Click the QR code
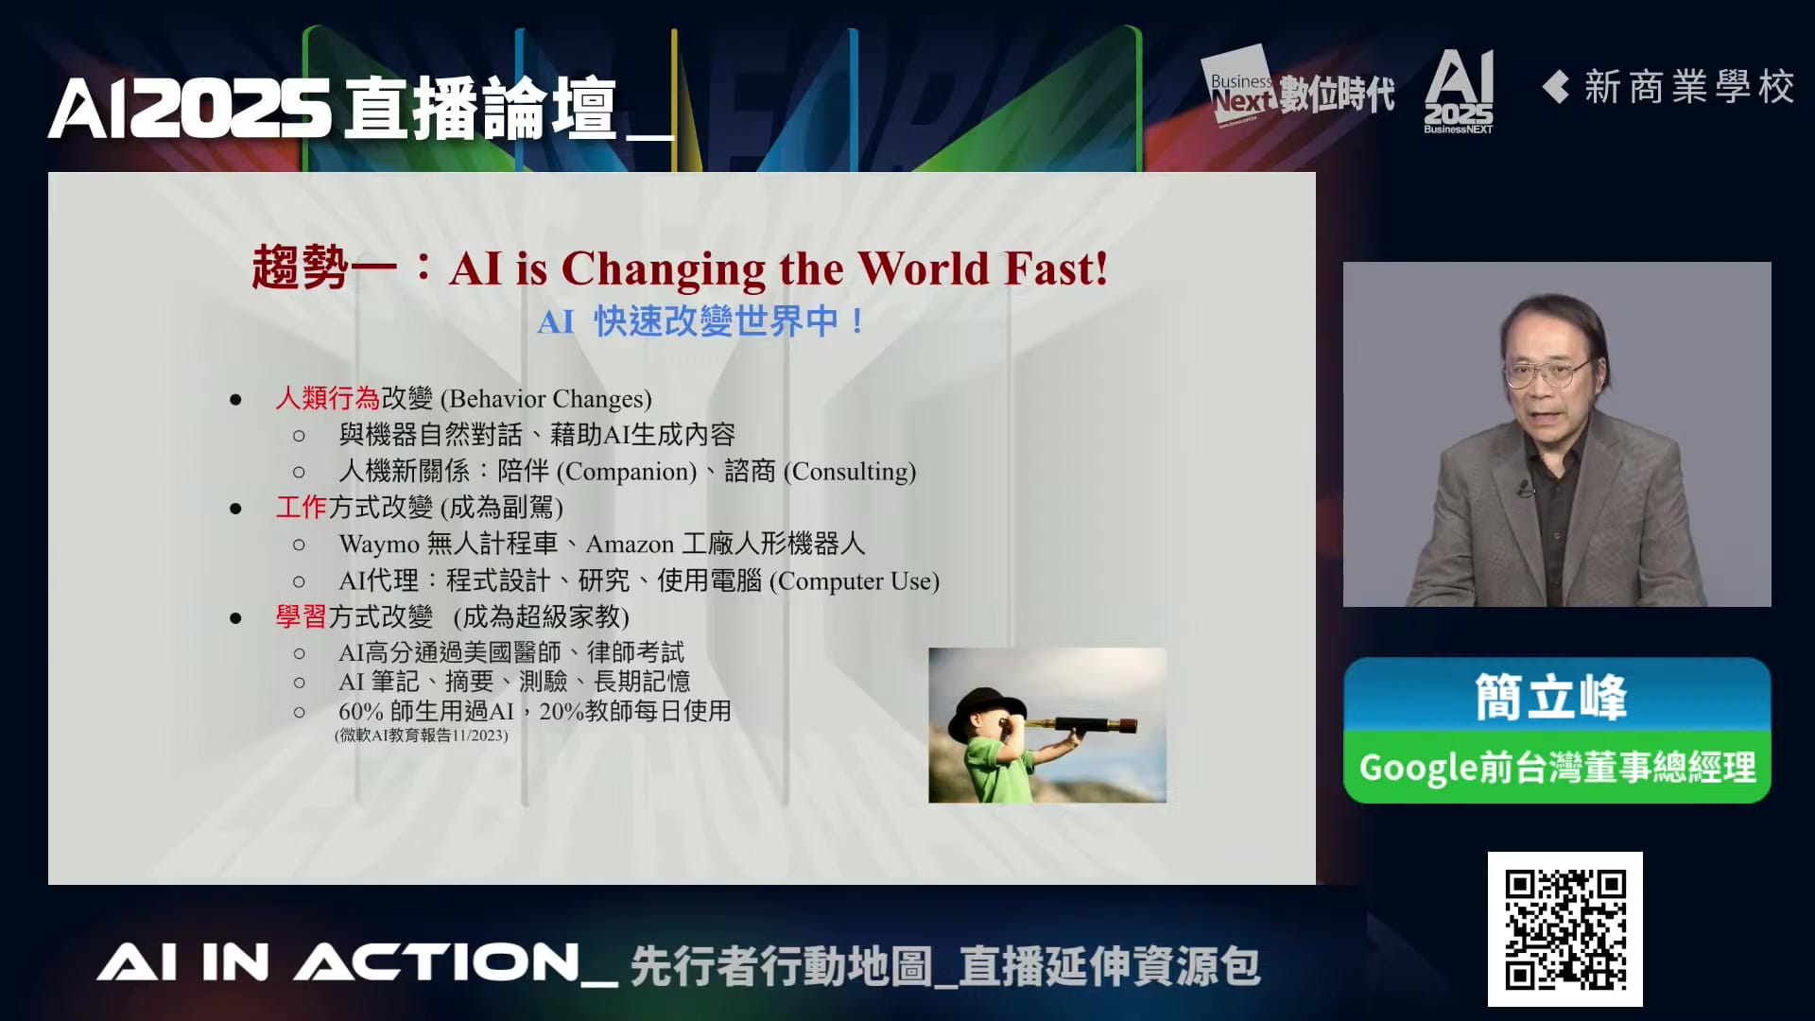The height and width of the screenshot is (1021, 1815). [1565, 928]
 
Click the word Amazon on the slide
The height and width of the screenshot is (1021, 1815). [630, 545]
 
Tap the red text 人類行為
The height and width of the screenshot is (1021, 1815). [327, 398]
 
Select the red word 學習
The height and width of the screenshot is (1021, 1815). [301, 616]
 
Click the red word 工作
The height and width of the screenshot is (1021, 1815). [301, 507]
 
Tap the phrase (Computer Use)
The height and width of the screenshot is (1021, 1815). [855, 581]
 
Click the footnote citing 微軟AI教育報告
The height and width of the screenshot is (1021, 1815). [422, 735]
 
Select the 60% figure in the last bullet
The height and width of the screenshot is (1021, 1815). [360, 711]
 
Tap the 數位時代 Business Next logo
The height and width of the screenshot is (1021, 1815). [1299, 88]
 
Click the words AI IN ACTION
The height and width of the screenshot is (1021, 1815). [337, 963]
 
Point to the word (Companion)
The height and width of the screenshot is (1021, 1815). [627, 472]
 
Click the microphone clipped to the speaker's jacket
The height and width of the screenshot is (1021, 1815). [1524, 490]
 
